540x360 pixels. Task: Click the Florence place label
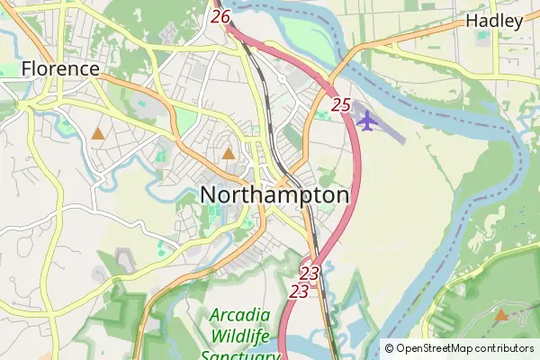(x=61, y=68)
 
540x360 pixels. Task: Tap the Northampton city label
(x=274, y=195)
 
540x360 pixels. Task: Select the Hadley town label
(x=494, y=22)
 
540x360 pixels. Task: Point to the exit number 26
(x=221, y=16)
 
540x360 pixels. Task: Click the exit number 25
(x=340, y=105)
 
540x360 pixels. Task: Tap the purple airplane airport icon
(x=365, y=120)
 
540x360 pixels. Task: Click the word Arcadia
(x=239, y=315)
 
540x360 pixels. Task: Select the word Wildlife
(x=239, y=337)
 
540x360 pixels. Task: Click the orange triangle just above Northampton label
(x=229, y=154)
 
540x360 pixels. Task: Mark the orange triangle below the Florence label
(x=97, y=134)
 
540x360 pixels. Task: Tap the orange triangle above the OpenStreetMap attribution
(x=500, y=315)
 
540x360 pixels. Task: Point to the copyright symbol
(x=390, y=348)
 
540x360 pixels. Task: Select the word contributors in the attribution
(x=505, y=348)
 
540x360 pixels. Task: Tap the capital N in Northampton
(x=210, y=195)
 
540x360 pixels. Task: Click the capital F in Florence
(x=27, y=68)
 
